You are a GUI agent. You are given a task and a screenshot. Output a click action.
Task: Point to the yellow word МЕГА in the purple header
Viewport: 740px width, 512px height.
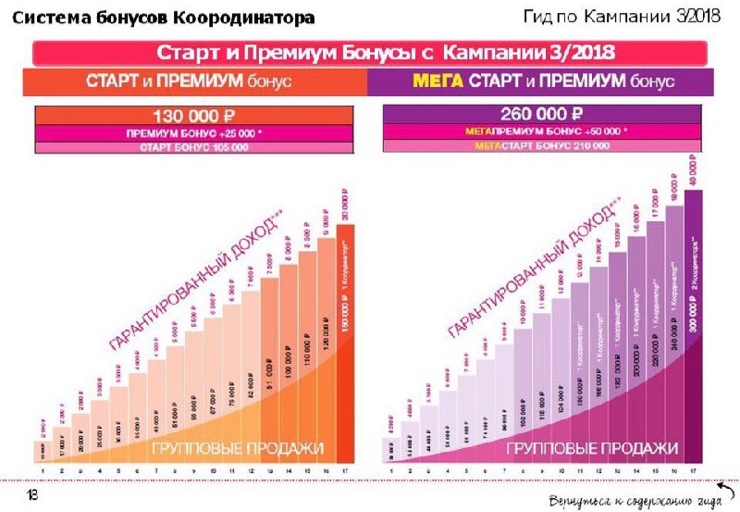pyautogui.click(x=438, y=81)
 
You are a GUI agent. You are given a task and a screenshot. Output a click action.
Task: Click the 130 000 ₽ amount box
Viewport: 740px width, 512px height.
pyautogui.click(x=194, y=117)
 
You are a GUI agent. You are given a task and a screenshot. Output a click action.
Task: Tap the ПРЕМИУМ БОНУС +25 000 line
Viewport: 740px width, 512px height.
pyautogui.click(x=194, y=132)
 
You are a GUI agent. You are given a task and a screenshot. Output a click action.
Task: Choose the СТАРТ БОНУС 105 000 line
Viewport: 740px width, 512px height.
pyautogui.click(x=194, y=146)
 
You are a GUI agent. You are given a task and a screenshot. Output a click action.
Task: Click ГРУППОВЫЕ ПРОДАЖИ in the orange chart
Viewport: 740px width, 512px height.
pyautogui.click(x=240, y=448)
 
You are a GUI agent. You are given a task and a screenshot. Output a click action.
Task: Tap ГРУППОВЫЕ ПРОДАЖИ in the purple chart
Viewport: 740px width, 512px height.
pyautogui.click(x=592, y=448)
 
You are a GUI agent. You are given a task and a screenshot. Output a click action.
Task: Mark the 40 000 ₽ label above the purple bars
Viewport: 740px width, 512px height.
pyautogui.click(x=694, y=170)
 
